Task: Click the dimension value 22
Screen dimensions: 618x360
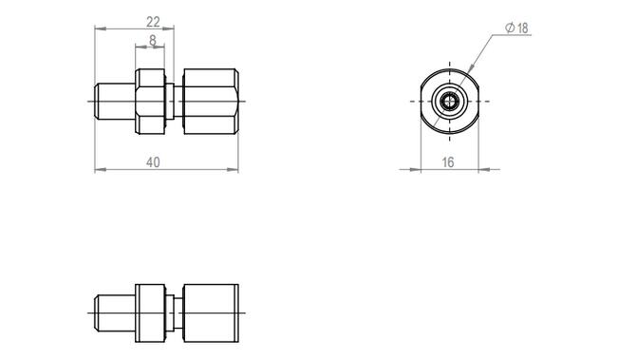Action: click(x=153, y=22)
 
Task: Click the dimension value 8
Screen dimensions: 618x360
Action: click(x=153, y=40)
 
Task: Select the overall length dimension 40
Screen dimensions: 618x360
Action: click(x=153, y=162)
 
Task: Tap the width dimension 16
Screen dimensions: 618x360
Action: click(x=448, y=162)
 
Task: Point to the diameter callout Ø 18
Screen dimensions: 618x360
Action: click(x=516, y=28)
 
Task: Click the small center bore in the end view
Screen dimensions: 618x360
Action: click(x=450, y=102)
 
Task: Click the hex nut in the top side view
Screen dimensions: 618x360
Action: click(x=150, y=102)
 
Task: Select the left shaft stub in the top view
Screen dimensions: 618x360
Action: click(x=115, y=102)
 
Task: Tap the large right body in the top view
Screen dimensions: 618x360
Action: click(x=211, y=102)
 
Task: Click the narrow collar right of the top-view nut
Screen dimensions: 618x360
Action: click(x=170, y=102)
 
